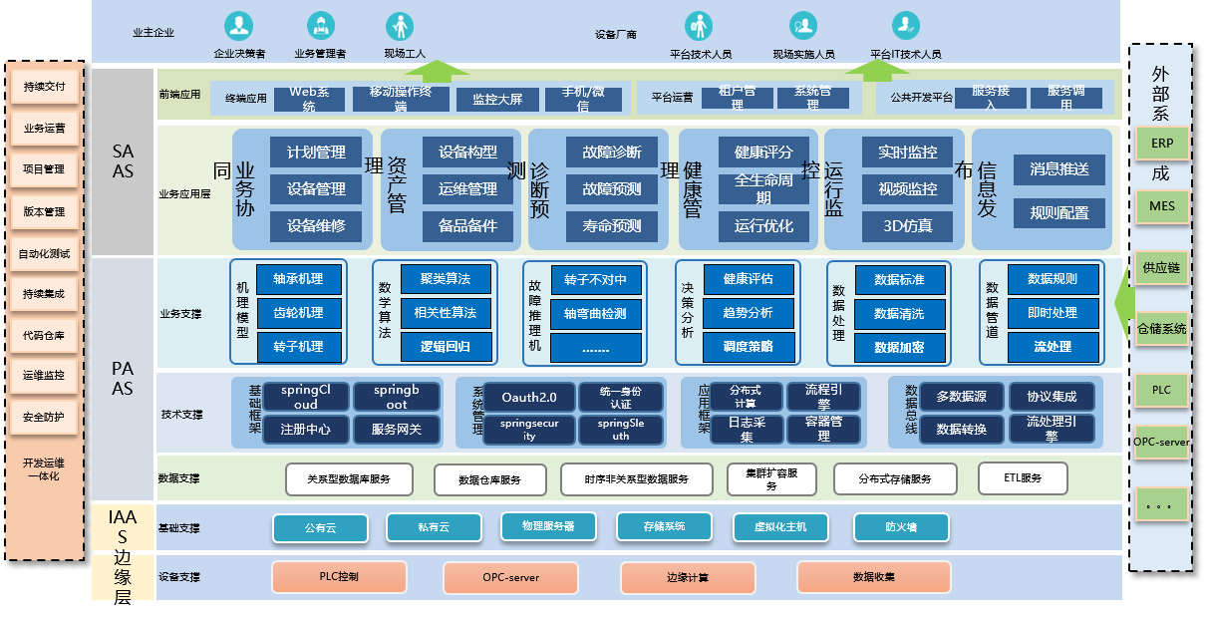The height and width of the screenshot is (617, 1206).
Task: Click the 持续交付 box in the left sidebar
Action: click(44, 87)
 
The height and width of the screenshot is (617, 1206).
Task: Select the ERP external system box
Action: click(1161, 144)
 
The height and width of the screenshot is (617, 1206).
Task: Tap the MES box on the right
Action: click(1161, 206)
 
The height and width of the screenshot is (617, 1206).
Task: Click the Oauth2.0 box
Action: click(528, 398)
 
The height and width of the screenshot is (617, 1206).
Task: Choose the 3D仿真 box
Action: click(907, 225)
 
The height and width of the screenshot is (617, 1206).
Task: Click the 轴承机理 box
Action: click(298, 279)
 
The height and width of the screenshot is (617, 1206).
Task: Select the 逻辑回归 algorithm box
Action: click(445, 347)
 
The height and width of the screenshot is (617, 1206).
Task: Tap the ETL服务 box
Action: click(1024, 478)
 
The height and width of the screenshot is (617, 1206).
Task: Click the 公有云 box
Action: click(321, 526)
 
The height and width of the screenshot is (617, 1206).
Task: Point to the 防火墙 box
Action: click(901, 526)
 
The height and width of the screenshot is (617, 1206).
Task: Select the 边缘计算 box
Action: click(687, 577)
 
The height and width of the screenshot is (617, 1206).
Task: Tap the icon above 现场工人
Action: click(400, 25)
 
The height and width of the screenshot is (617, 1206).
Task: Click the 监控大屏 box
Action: click(497, 99)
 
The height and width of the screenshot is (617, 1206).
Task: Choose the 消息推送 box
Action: click(1058, 169)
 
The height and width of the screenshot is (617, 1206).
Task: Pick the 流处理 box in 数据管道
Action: click(1053, 347)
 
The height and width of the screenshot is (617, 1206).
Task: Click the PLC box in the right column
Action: click(1161, 390)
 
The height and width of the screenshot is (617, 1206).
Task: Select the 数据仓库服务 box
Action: click(489, 479)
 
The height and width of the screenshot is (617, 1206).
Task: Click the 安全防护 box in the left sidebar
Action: click(44, 417)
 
